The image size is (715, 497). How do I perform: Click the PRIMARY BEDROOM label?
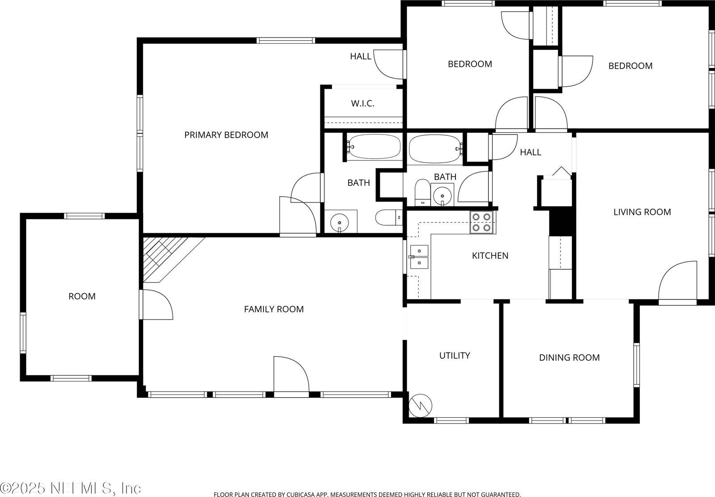(226, 135)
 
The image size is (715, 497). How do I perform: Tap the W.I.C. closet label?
(362, 104)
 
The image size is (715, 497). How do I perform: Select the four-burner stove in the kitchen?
(482, 222)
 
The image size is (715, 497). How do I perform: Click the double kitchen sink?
(419, 257)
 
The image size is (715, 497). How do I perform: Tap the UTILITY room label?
(454, 356)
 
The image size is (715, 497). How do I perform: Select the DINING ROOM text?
(569, 358)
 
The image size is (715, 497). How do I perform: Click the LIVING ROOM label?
(642, 212)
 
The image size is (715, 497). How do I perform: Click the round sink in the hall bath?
(442, 195)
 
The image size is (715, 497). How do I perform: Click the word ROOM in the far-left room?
(82, 296)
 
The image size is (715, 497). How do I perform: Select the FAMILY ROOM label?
(273, 309)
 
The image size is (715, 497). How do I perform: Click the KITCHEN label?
(490, 256)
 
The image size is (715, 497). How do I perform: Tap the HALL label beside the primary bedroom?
(360, 56)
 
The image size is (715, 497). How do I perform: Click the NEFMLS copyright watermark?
(71, 488)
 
